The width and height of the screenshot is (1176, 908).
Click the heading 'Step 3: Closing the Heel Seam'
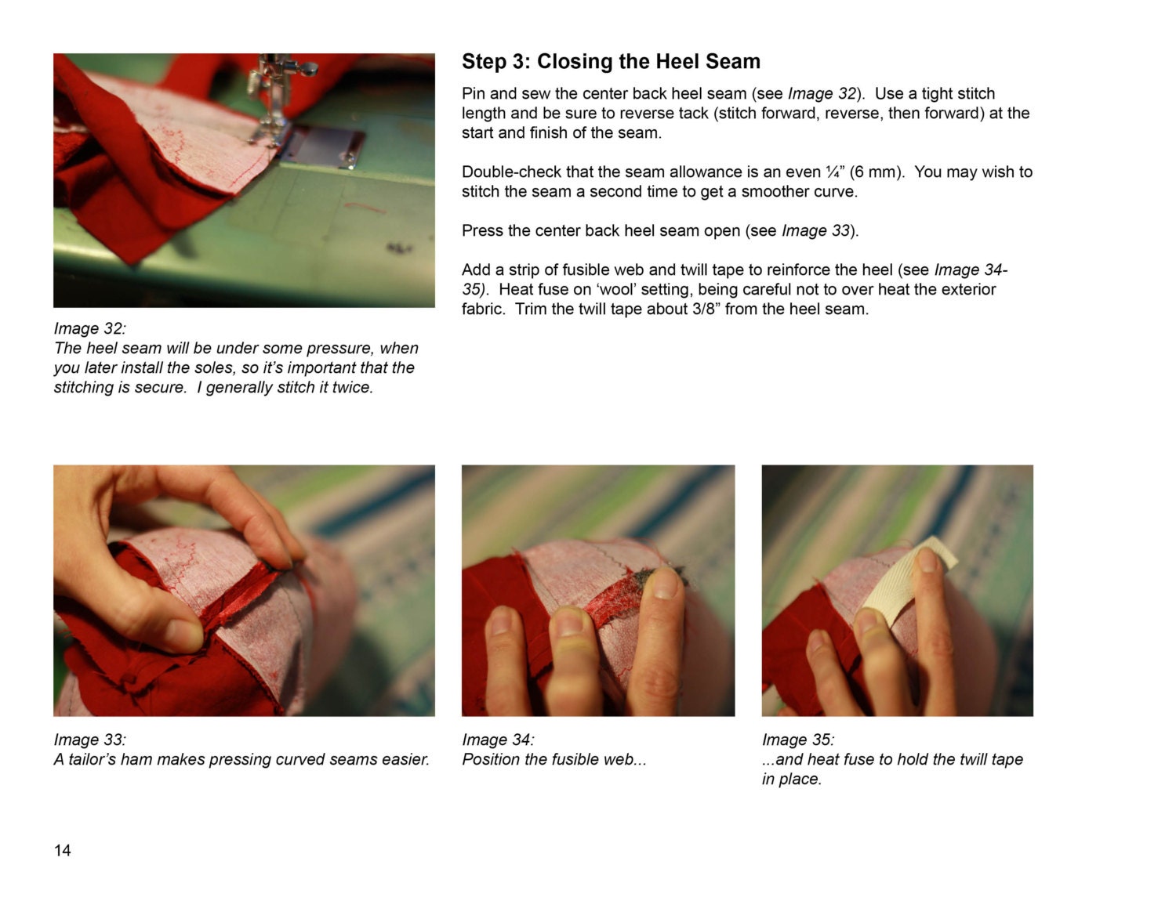611,62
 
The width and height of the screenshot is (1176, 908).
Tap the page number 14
62,850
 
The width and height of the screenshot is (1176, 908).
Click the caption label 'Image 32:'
90,328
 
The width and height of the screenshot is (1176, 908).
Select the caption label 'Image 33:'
90,740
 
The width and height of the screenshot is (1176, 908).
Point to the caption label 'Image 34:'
498,740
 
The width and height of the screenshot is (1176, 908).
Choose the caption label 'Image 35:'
798,740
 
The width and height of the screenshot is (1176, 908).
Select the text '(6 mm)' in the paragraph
877,172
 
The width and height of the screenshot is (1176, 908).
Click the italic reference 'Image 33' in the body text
815,231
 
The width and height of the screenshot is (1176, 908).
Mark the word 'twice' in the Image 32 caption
352,387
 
